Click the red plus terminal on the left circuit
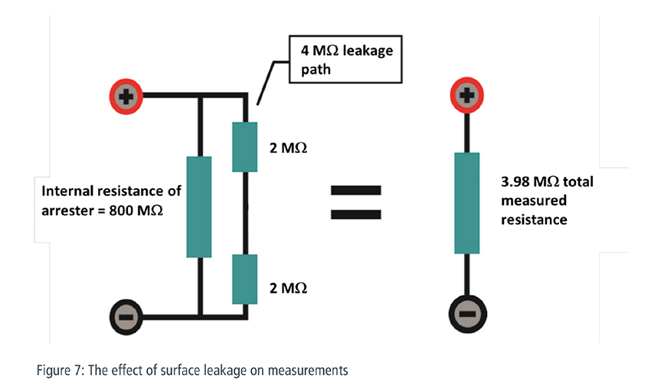coord(126,96)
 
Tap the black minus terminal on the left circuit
coord(126,317)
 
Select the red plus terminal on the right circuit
coord(467,95)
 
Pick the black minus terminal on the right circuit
coord(467,314)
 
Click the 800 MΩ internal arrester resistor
coord(199,207)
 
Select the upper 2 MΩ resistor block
coord(244,147)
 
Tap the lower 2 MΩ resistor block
coord(244,279)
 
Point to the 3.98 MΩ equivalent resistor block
coord(467,203)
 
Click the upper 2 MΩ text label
coord(288,148)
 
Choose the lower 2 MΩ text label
coord(288,289)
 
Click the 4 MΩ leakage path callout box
coord(345,59)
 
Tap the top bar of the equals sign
coord(356,191)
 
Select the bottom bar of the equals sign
coord(356,214)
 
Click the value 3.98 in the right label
coord(515,181)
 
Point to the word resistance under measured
coord(534,220)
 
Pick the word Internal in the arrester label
coord(67,191)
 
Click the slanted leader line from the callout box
coord(266,83)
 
